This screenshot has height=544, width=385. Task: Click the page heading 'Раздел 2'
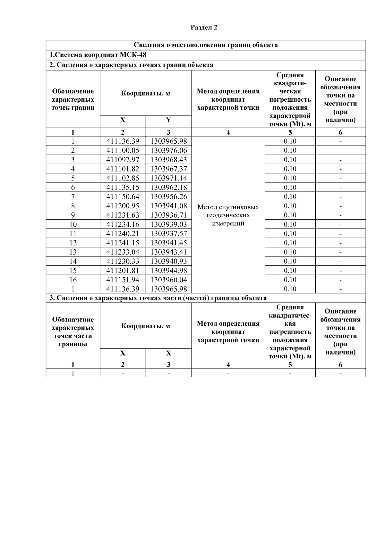(204, 28)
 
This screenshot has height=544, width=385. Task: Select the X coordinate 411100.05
(123, 150)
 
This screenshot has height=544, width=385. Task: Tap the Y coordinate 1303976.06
(168, 150)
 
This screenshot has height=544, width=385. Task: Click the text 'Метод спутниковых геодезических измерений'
(228, 215)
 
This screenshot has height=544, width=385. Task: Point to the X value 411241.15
(123, 243)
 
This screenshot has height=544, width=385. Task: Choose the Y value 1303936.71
(168, 215)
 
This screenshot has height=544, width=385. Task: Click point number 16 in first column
(73, 280)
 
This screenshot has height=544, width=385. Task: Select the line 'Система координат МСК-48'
(98, 55)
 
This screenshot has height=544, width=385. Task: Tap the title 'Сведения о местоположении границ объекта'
(205, 45)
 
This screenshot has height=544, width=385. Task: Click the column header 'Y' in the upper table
(168, 120)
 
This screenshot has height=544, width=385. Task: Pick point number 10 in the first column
(73, 224)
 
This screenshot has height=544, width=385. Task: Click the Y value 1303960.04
(168, 280)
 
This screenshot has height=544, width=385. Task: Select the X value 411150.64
(123, 197)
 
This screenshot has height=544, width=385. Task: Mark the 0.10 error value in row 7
(290, 197)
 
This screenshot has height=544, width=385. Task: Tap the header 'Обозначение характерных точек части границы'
(73, 331)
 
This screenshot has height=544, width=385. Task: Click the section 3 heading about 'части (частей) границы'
(158, 298)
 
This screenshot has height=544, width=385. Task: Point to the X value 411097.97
(123, 160)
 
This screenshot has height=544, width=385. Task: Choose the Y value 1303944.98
(168, 270)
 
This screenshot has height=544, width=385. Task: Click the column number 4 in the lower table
(228, 364)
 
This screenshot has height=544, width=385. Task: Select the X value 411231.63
(123, 215)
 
